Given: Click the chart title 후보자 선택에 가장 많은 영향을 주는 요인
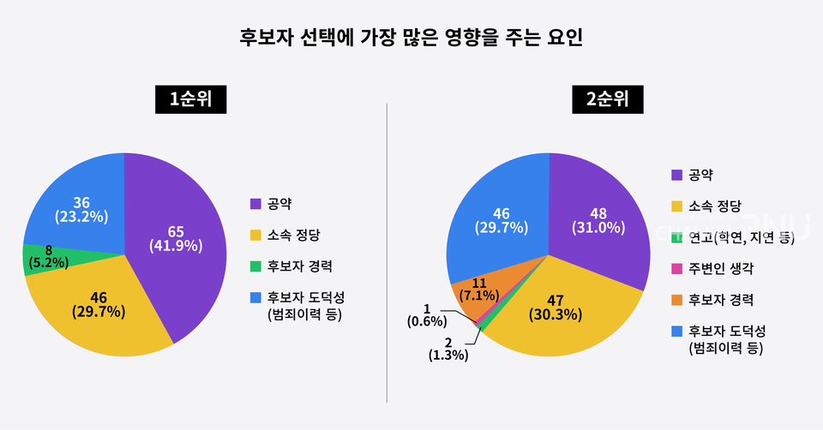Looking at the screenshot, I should pos(411,39).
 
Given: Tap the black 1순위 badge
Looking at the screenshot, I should pos(190,99).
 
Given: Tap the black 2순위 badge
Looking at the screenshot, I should pos(608,99).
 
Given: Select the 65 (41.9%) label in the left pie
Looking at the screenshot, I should pos(175,239).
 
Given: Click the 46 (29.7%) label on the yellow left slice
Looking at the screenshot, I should pos(98,305).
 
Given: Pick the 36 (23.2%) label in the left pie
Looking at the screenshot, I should pos(81,210).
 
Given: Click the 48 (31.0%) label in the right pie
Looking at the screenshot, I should pos(598,220).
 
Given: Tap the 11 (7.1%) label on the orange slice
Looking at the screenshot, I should pos(478,288).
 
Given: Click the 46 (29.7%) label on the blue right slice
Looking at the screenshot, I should pos(501,220).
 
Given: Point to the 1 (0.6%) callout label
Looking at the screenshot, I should pos(427,314).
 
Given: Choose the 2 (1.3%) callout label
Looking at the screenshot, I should pos(448,348).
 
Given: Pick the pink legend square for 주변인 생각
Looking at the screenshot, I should pos(676,268).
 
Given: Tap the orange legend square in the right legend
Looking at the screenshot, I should pos(676,300).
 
